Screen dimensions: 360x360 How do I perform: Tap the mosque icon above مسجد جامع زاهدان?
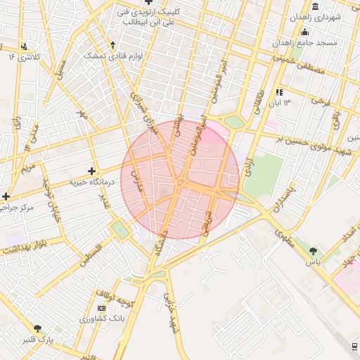point(304,32)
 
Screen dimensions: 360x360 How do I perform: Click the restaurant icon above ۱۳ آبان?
point(279,91)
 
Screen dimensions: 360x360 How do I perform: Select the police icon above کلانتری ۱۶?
point(25,46)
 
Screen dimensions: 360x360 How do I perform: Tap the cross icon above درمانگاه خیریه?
point(91,171)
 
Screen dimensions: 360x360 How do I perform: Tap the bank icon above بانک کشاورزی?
point(102,308)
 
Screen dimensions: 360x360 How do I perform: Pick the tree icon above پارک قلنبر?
point(37,328)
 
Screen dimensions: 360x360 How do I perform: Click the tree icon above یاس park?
point(313,250)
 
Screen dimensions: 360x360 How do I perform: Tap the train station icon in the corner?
point(353,346)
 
